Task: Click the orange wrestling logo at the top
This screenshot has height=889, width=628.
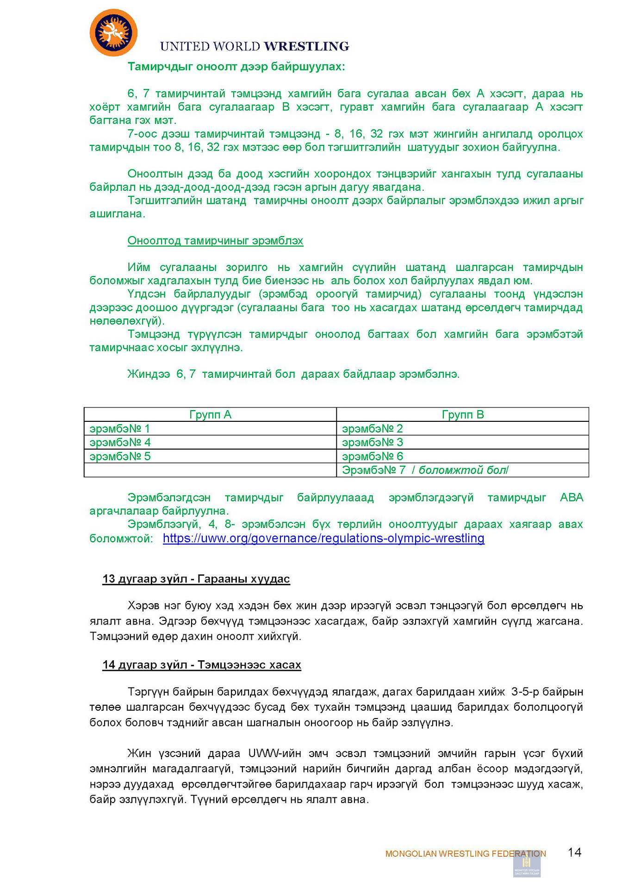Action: [x=113, y=33]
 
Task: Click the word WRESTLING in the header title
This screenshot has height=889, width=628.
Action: [x=306, y=46]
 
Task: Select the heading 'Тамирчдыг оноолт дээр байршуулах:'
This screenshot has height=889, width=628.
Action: [x=236, y=67]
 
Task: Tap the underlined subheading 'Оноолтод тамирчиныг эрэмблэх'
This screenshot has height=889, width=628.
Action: [x=215, y=241]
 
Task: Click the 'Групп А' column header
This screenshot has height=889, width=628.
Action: [x=210, y=414]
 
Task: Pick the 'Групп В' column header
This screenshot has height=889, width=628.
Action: [x=462, y=414]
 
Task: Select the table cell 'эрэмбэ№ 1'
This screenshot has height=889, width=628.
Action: [x=120, y=429]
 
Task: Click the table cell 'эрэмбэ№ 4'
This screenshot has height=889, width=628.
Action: [x=120, y=443]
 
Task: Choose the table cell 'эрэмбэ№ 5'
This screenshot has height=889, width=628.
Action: [x=120, y=457]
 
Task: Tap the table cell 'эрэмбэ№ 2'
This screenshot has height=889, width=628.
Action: [x=373, y=429]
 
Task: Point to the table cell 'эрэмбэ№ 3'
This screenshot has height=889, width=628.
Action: [x=373, y=443]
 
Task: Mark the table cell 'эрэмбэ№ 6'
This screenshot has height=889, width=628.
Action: [x=373, y=457]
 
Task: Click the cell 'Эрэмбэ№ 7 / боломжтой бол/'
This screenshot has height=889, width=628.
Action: [x=425, y=470]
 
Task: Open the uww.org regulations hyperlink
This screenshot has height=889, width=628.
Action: [x=323, y=538]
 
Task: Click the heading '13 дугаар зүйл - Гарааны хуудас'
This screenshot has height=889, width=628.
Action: [x=196, y=579]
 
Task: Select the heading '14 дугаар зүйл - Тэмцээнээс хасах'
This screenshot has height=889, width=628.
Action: [x=202, y=665]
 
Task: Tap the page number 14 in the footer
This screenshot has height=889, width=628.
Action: [x=574, y=852]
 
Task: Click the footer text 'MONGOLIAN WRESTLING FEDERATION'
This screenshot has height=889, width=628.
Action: [x=465, y=854]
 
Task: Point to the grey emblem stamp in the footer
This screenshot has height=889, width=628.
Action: [x=527, y=864]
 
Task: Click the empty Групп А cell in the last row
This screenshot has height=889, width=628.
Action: [x=210, y=470]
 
